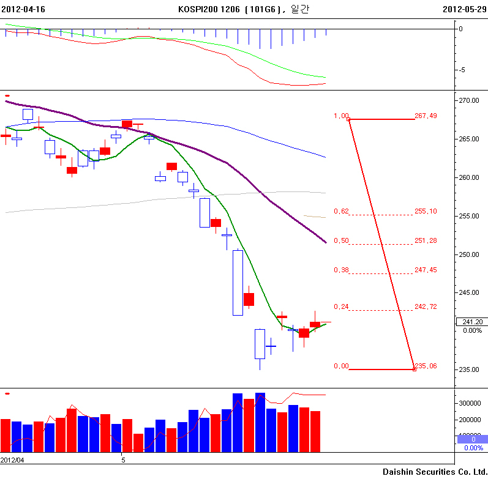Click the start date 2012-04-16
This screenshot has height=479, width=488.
pyautogui.click(x=23, y=10)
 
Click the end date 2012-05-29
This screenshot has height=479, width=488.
pyautogui.click(x=464, y=10)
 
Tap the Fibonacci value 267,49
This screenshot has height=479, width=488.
pyautogui.click(x=426, y=116)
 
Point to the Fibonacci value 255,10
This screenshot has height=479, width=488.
pyautogui.click(x=426, y=211)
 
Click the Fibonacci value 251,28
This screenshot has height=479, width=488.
pyautogui.click(x=426, y=240)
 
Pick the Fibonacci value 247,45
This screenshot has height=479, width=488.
pyautogui.click(x=426, y=270)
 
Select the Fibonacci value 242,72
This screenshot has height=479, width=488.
pyautogui.click(x=426, y=306)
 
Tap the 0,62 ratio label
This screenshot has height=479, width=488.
pyautogui.click(x=341, y=211)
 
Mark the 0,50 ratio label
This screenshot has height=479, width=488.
pyautogui.click(x=341, y=240)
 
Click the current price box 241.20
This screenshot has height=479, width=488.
pyautogui.click(x=471, y=322)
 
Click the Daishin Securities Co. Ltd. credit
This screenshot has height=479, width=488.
pyautogui.click(x=434, y=472)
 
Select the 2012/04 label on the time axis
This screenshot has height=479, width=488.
pyautogui.click(x=12, y=459)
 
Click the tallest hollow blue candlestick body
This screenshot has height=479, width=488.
pyautogui.click(x=238, y=283)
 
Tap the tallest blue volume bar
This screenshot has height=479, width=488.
pyautogui.click(x=260, y=422)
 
